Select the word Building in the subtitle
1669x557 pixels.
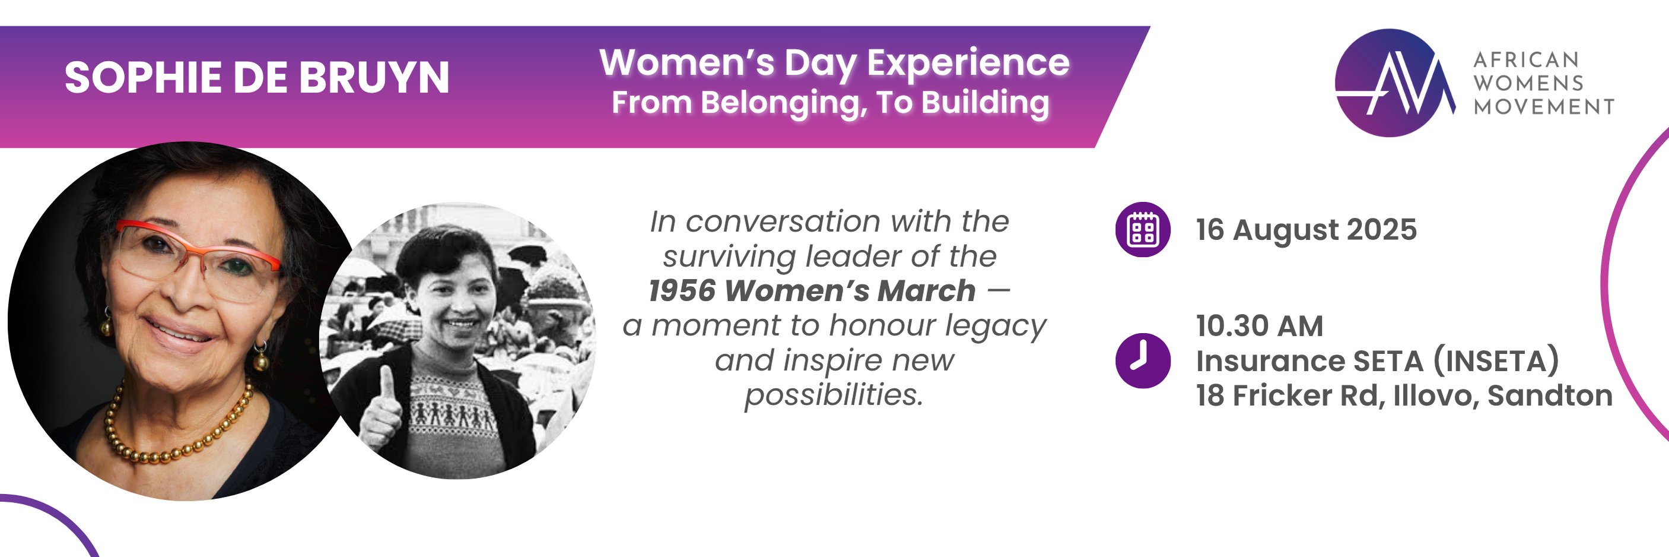985,103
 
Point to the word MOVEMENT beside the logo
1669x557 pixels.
1543,106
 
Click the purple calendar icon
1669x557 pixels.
1142,230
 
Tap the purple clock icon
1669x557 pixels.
1142,360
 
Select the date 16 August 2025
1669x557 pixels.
1305,230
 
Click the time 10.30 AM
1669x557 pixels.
1259,325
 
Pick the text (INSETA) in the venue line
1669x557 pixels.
1495,360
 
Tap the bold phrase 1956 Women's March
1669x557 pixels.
812,290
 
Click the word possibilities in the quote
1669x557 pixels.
833,395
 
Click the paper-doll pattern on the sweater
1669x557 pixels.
456,412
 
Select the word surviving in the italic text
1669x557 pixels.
728,256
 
